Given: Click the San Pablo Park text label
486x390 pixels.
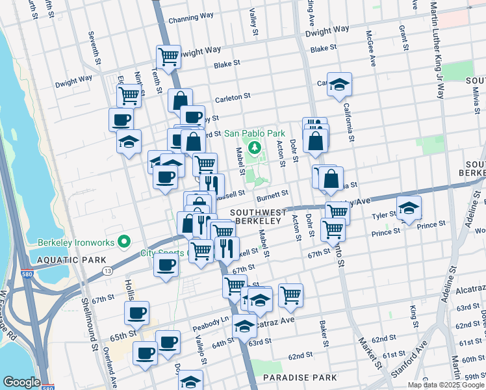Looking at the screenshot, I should tap(255, 134).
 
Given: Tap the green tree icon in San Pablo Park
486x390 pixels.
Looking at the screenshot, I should tap(255, 148).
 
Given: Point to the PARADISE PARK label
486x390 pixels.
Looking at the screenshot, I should tap(300, 377).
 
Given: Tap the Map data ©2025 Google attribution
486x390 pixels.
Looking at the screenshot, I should tap(446, 385).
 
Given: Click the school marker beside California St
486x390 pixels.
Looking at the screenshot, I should tap(339, 84).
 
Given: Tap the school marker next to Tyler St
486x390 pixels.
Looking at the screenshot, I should tap(409, 208).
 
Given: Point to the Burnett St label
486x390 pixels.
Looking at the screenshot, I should tap(272, 194).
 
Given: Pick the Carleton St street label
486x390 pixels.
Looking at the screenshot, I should tap(233, 96).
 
